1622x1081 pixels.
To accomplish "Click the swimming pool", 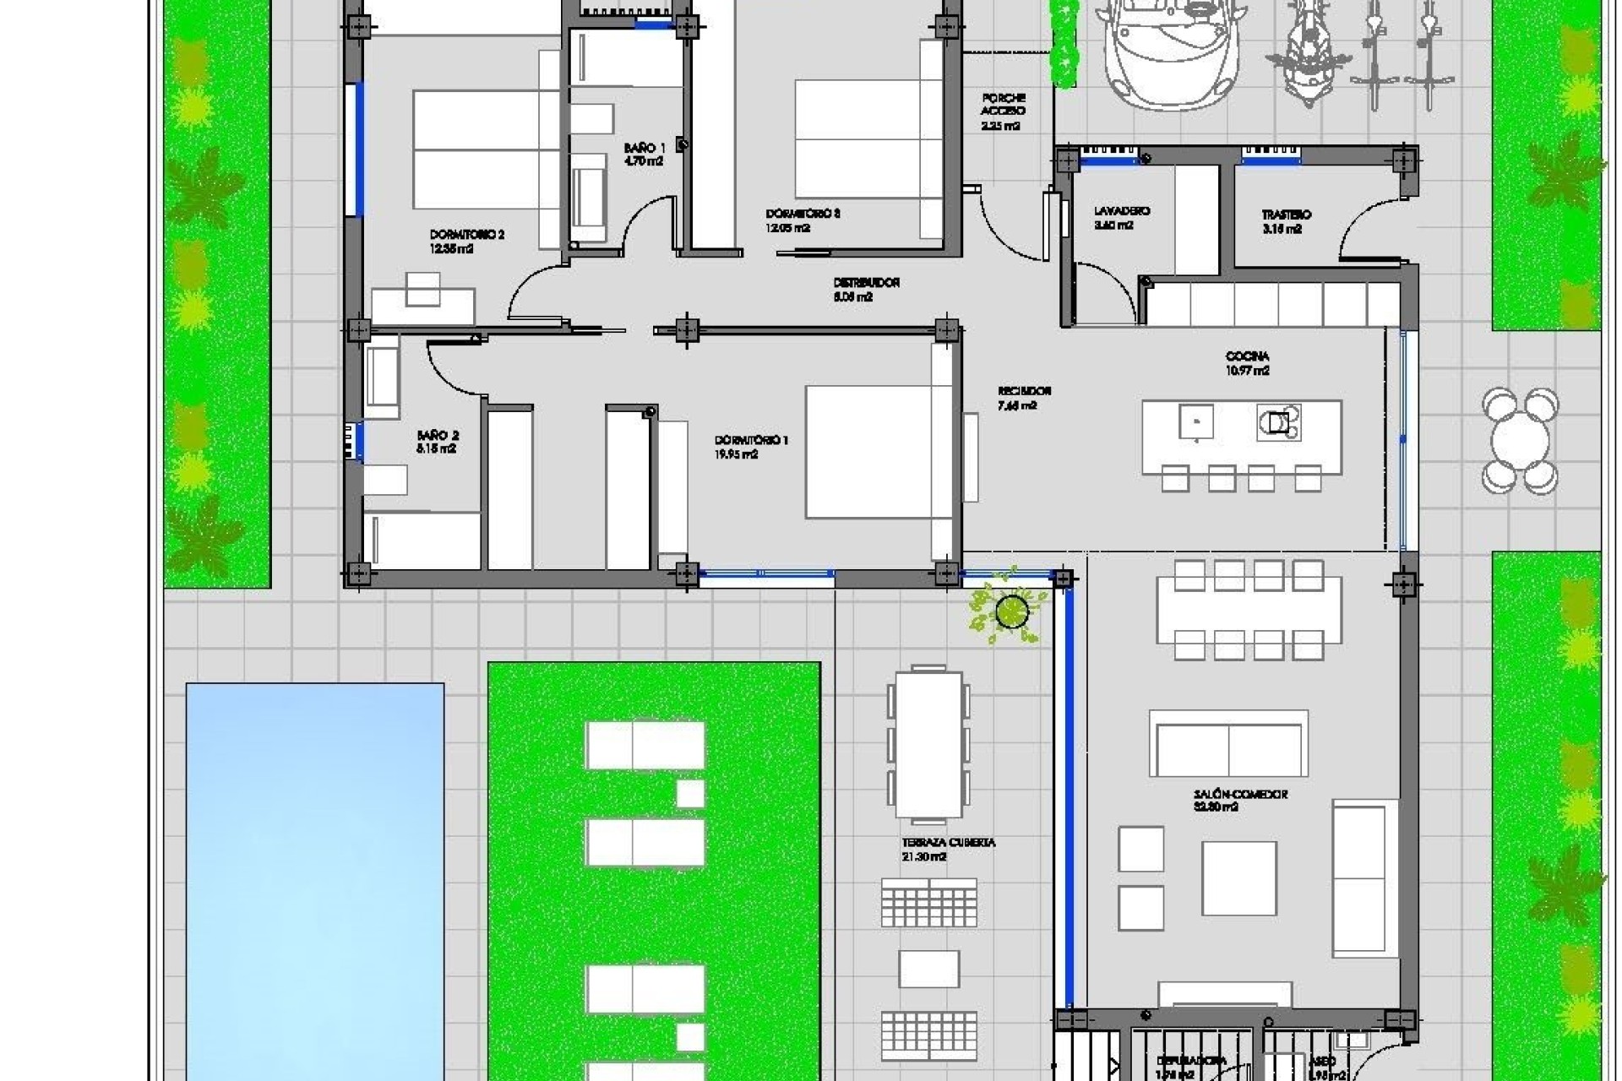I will (314, 878).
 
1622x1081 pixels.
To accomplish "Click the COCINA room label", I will (1247, 356).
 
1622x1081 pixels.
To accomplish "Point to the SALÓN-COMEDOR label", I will (1240, 795).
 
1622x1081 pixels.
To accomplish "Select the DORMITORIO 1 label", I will (751, 440).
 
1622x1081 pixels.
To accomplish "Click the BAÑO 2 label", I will (438, 436).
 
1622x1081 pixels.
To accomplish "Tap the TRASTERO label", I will (1286, 215).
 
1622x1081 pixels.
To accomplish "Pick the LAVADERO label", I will (1121, 211).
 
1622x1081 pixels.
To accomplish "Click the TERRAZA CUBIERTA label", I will (948, 843).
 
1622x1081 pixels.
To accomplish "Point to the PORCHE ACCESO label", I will (1003, 104).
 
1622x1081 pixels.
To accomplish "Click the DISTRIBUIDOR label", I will (866, 282).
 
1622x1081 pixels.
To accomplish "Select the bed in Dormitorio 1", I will (870, 451).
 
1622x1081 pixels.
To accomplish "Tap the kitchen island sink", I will (1195, 421).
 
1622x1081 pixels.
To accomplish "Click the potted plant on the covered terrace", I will (1010, 610).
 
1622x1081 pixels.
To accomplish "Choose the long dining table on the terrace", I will (928, 743).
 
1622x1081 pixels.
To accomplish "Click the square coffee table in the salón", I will (1238, 878).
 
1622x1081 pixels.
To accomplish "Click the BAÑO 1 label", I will (644, 149).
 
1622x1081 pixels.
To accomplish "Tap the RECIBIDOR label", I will (1024, 392).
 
